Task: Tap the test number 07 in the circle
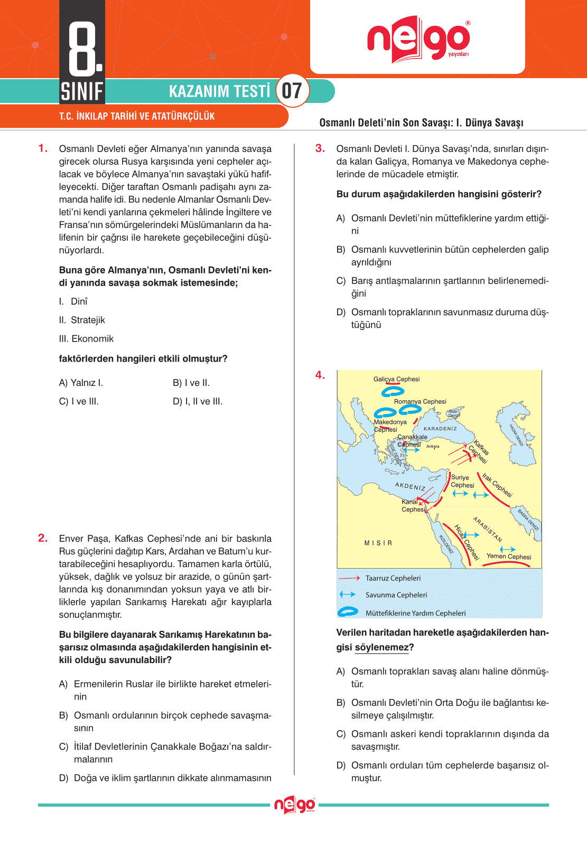point(292,91)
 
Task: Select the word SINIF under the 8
point(82,91)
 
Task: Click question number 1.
point(43,148)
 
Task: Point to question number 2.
point(43,538)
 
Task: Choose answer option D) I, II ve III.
point(198,401)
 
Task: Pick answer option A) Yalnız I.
point(81,383)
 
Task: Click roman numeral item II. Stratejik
point(82,320)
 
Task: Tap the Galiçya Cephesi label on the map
point(396,379)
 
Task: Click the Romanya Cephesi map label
point(420,401)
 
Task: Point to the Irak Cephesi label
point(497,485)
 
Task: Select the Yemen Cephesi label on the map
point(509,556)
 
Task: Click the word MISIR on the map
point(378,543)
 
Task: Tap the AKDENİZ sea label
point(410,486)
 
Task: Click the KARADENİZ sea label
point(440,429)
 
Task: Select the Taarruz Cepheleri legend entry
point(393,578)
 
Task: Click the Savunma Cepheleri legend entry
point(396,595)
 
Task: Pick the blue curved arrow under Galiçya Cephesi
point(393,392)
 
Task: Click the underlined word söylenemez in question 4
point(381,647)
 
